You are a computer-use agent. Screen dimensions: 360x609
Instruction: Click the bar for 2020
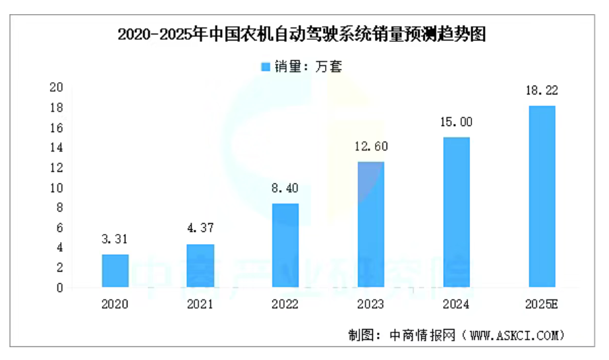115,271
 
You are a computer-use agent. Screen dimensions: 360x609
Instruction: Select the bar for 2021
200,266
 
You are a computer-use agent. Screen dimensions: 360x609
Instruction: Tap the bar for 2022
285,245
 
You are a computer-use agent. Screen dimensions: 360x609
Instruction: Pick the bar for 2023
370,224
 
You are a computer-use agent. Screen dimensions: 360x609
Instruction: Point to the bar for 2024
456,212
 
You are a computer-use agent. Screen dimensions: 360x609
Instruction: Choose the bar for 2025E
542,196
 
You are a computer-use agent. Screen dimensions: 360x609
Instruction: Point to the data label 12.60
370,146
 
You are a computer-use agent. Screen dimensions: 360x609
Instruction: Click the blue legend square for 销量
265,67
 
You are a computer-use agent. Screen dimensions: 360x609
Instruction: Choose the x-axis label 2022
285,304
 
